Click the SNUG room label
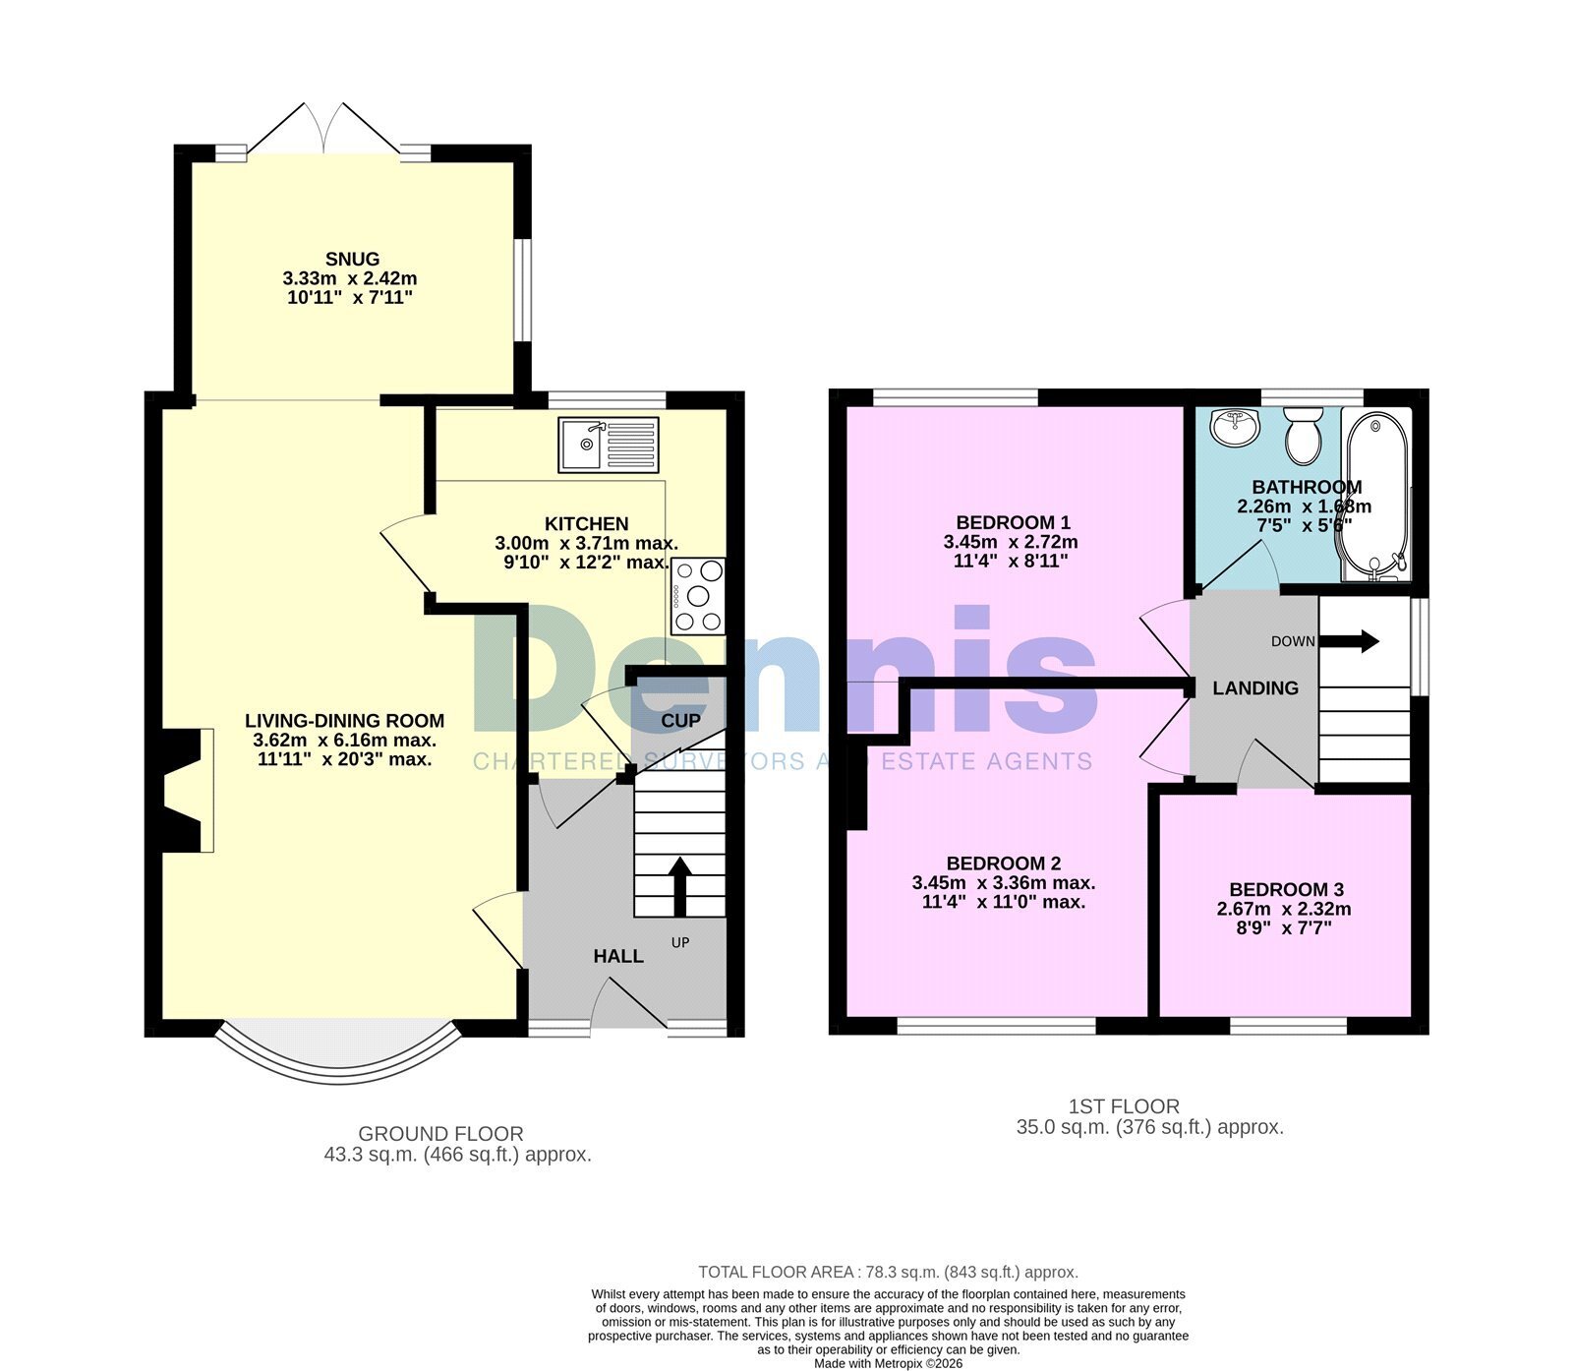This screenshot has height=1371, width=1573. tap(351, 260)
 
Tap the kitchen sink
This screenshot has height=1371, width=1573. tap(609, 445)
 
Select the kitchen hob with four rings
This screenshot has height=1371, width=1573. tap(698, 596)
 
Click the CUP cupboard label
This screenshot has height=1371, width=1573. tap(680, 721)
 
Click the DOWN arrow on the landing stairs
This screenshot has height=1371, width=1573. tap(1349, 642)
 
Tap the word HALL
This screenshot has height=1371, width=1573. tap(618, 956)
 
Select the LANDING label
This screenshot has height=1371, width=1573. tap(1255, 688)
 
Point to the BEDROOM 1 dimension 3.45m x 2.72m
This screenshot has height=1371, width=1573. tap(1011, 542)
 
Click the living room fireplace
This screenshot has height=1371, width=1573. tap(182, 790)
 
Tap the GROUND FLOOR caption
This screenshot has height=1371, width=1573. tap(440, 1134)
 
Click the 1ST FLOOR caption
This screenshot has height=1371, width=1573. tap(1124, 1106)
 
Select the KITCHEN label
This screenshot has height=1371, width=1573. tap(587, 524)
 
